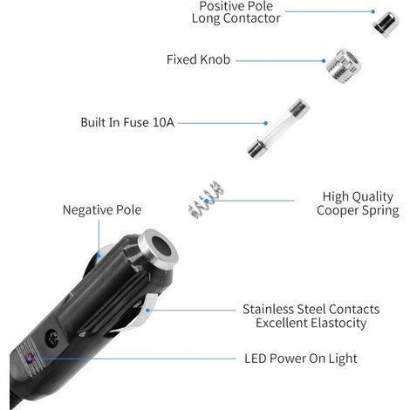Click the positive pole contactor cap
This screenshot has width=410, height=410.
click(x=386, y=24)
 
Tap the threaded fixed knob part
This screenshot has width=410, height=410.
click(x=344, y=66)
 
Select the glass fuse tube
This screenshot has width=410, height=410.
click(x=278, y=129)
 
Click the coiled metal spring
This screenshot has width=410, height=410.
click(x=206, y=200)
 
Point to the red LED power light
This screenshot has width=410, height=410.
click(x=30, y=359)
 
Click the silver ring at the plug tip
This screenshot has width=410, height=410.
click(x=157, y=246)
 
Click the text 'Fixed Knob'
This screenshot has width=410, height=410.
click(x=198, y=59)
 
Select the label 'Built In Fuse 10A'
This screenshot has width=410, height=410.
click(x=127, y=122)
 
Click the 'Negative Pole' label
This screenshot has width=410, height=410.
click(x=102, y=209)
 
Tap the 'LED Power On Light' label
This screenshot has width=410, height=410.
click(x=301, y=359)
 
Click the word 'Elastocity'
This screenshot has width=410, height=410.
click(x=338, y=323)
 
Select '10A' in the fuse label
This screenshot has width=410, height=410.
click(x=163, y=122)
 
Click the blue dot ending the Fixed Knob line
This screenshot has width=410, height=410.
click(x=324, y=61)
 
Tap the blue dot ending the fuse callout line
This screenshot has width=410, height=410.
click(x=265, y=123)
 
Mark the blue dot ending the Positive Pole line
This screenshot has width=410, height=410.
click(x=372, y=11)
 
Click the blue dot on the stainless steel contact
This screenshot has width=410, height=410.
click(x=147, y=311)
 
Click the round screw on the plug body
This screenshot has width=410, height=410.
click(x=53, y=338)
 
